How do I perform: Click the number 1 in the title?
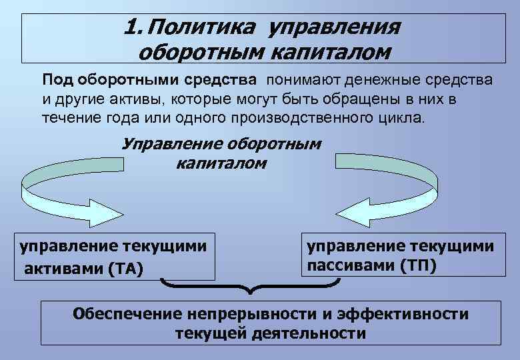pos(129,27)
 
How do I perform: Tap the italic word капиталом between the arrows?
pos(221,163)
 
